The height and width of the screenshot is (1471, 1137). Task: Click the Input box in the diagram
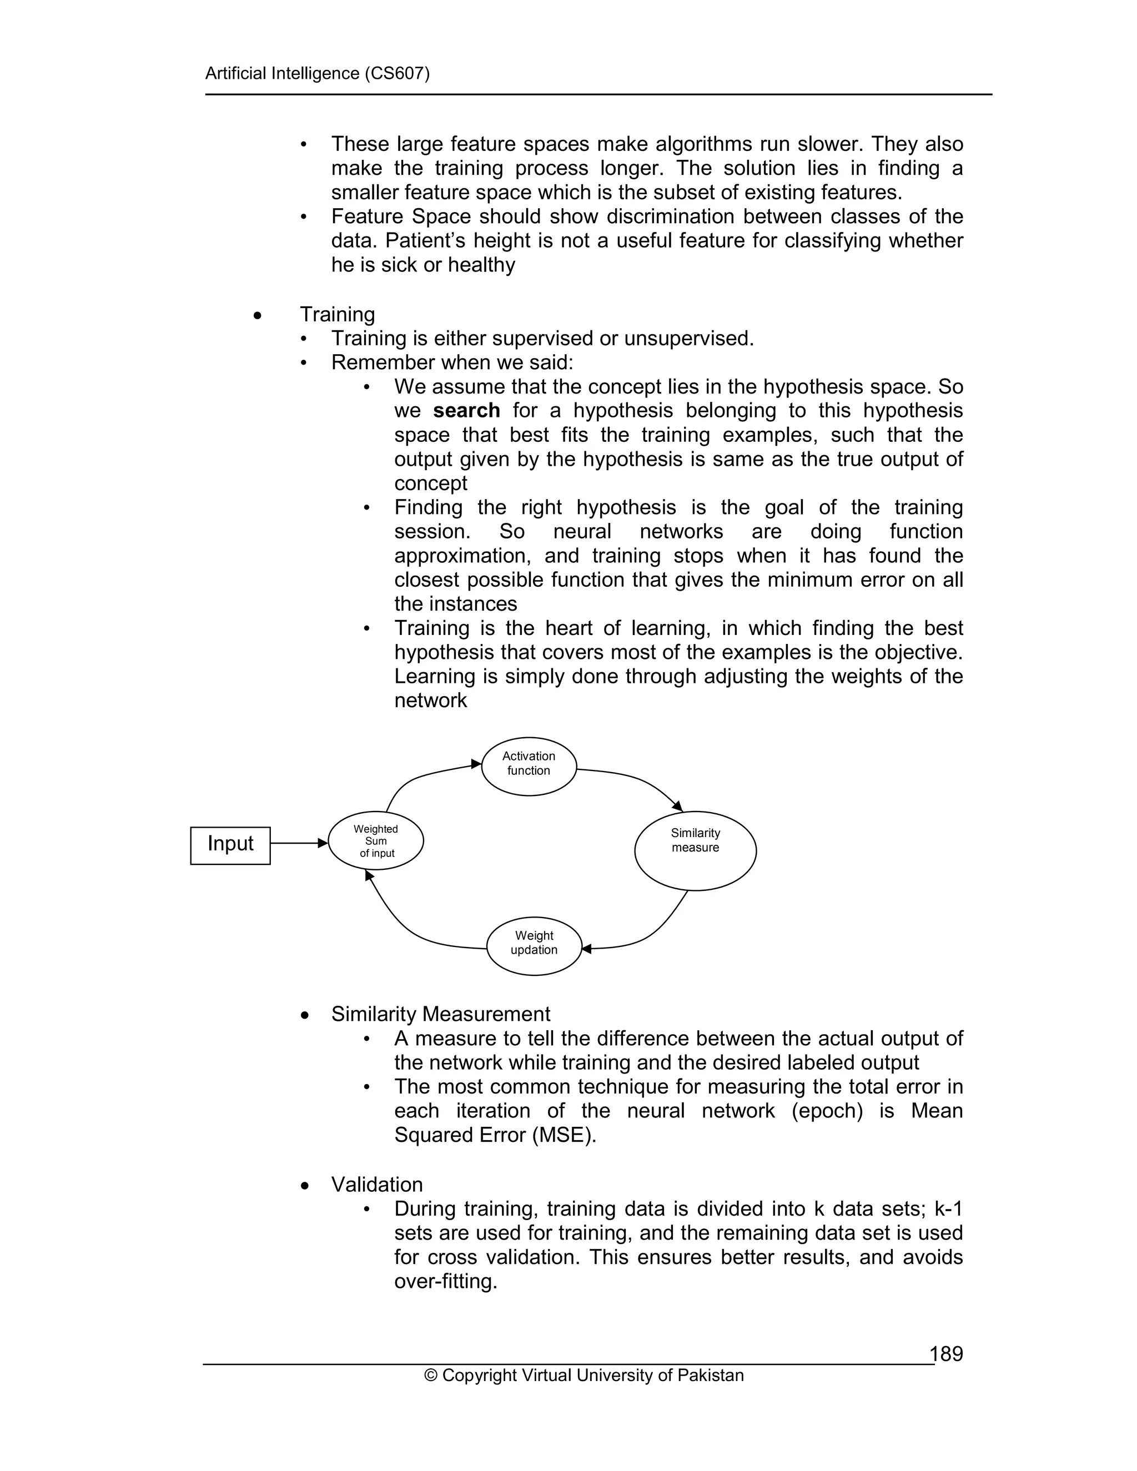click(x=230, y=845)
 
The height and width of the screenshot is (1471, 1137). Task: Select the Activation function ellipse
click(x=529, y=766)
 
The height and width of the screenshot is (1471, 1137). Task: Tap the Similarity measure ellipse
click(x=695, y=850)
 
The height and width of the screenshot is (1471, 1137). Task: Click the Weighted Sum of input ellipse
click(x=376, y=841)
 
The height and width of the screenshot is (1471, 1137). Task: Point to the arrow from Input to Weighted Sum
click(x=298, y=843)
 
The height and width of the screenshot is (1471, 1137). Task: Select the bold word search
click(x=466, y=410)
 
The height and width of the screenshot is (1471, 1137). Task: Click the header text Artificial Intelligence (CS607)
click(x=317, y=73)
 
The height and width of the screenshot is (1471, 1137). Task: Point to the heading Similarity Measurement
click(x=440, y=1014)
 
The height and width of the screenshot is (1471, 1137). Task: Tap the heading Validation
click(x=377, y=1184)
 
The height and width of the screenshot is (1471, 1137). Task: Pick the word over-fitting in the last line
click(x=445, y=1281)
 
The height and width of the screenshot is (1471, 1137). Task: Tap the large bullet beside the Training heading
click(x=257, y=315)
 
